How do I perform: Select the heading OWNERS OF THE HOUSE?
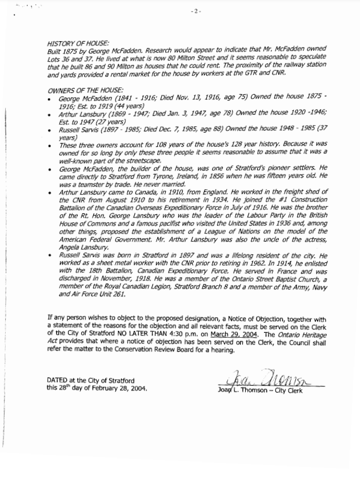[85, 91]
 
